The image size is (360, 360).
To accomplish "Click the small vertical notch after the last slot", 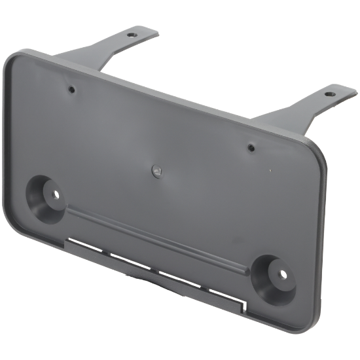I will [243, 304].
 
